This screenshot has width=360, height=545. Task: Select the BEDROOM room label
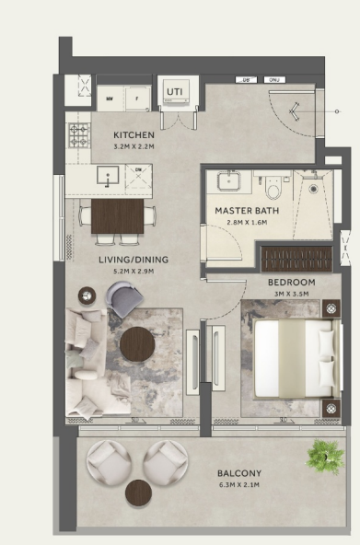coord(291,282)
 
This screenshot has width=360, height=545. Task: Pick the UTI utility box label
coord(174,90)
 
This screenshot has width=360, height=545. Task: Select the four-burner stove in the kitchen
coord(78,137)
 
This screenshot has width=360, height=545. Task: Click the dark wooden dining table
coord(117,217)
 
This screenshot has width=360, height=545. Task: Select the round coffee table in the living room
coord(138,343)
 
